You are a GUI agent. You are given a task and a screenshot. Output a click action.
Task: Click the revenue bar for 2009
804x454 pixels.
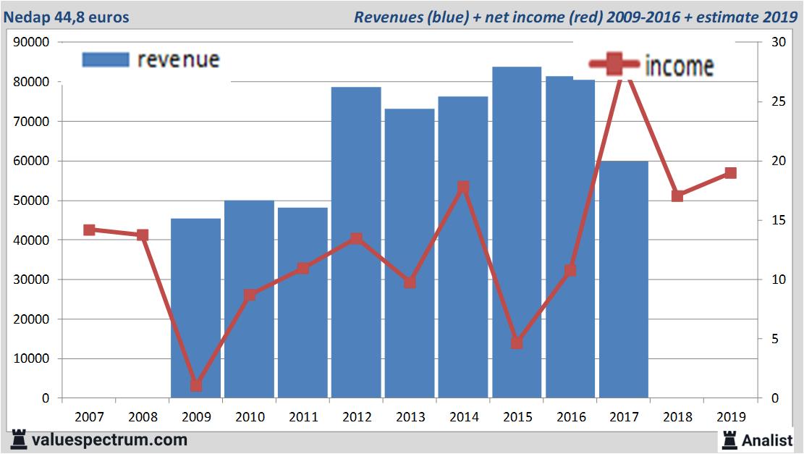pyautogui.click(x=195, y=308)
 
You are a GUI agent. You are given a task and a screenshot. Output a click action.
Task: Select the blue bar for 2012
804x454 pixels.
pyautogui.click(x=356, y=243)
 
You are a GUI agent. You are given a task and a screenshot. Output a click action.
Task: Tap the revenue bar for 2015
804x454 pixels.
pyautogui.click(x=517, y=232)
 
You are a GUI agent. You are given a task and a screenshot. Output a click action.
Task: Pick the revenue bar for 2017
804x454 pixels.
pyautogui.click(x=624, y=279)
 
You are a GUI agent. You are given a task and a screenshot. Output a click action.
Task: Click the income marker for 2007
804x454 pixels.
pyautogui.click(x=89, y=230)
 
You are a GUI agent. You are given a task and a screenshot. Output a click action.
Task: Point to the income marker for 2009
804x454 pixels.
pyautogui.click(x=195, y=385)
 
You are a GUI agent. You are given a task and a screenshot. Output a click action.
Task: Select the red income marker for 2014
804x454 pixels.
pyautogui.click(x=463, y=188)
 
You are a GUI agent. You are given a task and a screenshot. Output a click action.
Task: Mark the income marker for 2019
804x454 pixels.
pyautogui.click(x=730, y=173)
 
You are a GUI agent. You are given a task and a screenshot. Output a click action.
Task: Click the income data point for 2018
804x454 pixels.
pyautogui.click(x=677, y=196)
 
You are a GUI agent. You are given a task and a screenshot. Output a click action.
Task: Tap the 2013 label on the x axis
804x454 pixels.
pyautogui.click(x=410, y=417)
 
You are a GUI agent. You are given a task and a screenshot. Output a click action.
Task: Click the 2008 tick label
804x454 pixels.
pyautogui.click(x=143, y=417)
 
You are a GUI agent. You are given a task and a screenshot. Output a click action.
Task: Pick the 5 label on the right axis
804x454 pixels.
pyautogui.click(x=775, y=339)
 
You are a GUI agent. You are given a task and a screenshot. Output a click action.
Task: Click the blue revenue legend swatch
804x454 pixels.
pyautogui.click(x=106, y=59)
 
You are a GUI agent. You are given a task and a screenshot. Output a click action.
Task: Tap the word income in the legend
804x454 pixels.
pyautogui.click(x=679, y=67)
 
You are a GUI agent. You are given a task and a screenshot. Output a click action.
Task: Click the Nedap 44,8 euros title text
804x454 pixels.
pyautogui.click(x=67, y=17)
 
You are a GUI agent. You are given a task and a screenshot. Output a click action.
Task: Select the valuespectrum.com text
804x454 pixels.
pyautogui.click(x=109, y=440)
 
